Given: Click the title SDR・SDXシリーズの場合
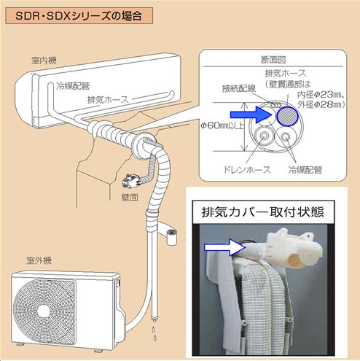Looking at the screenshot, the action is pyautogui.click(x=79, y=16).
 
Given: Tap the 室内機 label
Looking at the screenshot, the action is pyautogui.click(x=44, y=61).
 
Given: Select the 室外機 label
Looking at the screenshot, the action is pyautogui.click(x=39, y=260).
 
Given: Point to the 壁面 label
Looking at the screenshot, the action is pyautogui.click(x=130, y=198).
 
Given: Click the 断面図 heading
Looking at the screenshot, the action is pyautogui.click(x=273, y=60).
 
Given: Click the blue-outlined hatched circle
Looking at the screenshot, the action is pyautogui.click(x=288, y=116).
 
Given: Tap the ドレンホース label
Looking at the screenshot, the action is pyautogui.click(x=247, y=169).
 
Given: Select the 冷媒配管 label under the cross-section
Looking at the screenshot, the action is pyautogui.click(x=305, y=170).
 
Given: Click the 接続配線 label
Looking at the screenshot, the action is pyautogui.click(x=239, y=88).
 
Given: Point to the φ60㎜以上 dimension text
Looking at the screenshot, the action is pyautogui.click(x=222, y=125).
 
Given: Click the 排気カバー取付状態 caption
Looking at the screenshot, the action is pyautogui.click(x=263, y=212).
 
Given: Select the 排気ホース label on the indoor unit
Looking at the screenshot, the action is pyautogui.click(x=108, y=100).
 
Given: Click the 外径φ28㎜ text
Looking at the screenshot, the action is pyautogui.click(x=321, y=104).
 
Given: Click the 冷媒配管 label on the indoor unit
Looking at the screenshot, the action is pyautogui.click(x=73, y=86).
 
